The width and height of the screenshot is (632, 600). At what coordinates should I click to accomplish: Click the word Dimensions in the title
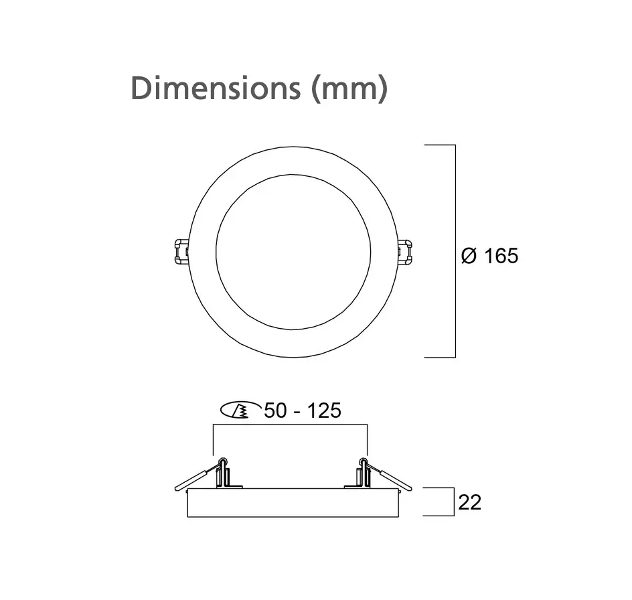tap(216, 88)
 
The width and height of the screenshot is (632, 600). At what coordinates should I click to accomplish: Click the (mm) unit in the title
tap(349, 88)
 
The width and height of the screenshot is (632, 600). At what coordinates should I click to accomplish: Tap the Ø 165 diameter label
tap(489, 255)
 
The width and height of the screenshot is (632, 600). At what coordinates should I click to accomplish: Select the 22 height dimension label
tap(469, 502)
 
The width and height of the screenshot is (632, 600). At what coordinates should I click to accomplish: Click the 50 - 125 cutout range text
tap(303, 410)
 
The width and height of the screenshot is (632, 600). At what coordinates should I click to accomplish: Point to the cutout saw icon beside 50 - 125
tap(235, 410)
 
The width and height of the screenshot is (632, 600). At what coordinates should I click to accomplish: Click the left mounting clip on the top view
tap(180, 251)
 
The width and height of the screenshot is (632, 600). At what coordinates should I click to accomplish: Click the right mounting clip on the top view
tap(404, 251)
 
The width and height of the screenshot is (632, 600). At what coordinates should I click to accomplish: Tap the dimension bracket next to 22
tap(446, 502)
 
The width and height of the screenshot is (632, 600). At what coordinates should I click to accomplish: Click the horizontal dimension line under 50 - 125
tap(290, 424)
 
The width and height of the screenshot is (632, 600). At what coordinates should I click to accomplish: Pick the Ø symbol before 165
tap(469, 255)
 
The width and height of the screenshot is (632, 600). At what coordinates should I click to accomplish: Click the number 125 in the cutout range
tap(324, 410)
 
